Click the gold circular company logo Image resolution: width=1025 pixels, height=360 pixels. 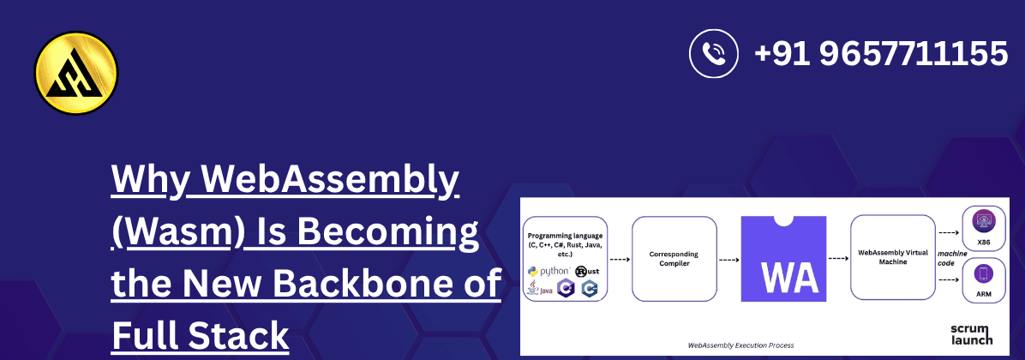(76, 73)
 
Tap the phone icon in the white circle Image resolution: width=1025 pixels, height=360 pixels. (714, 53)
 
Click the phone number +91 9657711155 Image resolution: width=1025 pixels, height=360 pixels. (880, 54)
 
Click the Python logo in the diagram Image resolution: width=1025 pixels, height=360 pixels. (548, 272)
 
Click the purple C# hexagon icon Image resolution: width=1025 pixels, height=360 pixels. (566, 290)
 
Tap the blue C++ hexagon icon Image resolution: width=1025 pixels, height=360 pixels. (589, 290)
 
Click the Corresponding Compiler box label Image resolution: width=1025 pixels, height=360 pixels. (674, 258)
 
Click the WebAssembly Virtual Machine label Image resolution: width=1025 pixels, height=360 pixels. (892, 258)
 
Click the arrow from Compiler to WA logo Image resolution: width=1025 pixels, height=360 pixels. (728, 258)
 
